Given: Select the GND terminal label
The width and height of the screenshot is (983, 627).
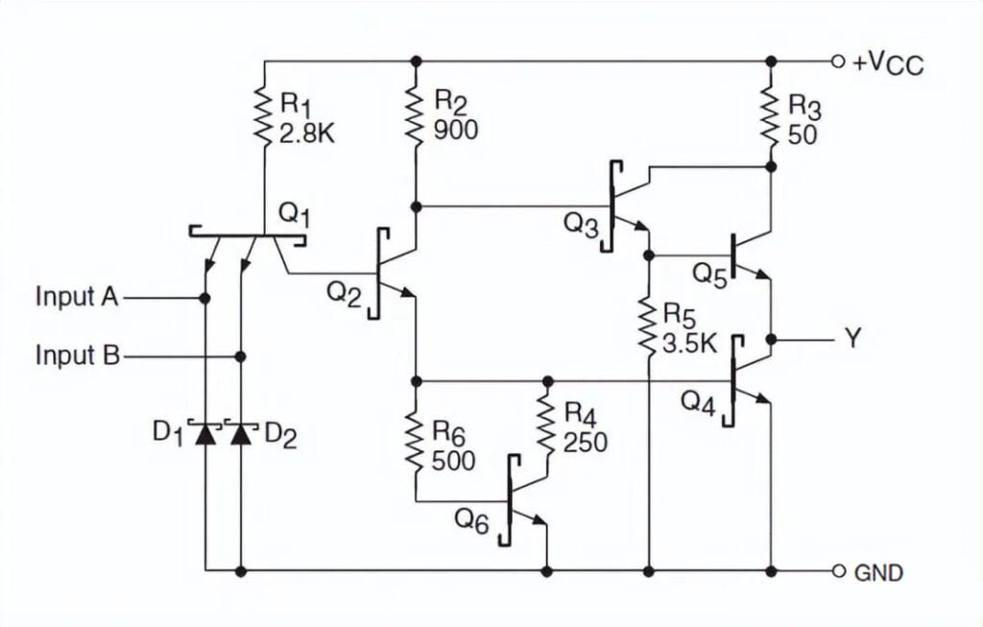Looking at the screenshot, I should tap(877, 573).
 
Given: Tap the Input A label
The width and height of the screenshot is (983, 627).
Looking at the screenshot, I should tap(77, 297).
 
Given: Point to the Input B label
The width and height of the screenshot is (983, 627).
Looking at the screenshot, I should tap(77, 355).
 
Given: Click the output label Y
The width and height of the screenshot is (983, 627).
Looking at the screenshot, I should tap(851, 339).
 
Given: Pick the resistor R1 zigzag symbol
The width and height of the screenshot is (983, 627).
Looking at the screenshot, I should tap(263, 116).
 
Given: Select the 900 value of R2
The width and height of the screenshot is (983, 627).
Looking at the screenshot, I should tap(455, 130).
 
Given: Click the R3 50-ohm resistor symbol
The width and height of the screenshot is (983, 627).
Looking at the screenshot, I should tap(771, 116).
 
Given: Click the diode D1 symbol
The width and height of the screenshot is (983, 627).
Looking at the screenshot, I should tap(204, 433).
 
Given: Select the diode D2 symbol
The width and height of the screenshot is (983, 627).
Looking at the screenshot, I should tap(240, 433).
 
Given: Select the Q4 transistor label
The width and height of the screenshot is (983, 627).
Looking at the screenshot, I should tap(698, 402).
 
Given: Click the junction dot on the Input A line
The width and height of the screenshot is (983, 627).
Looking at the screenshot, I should tap(204, 298).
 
